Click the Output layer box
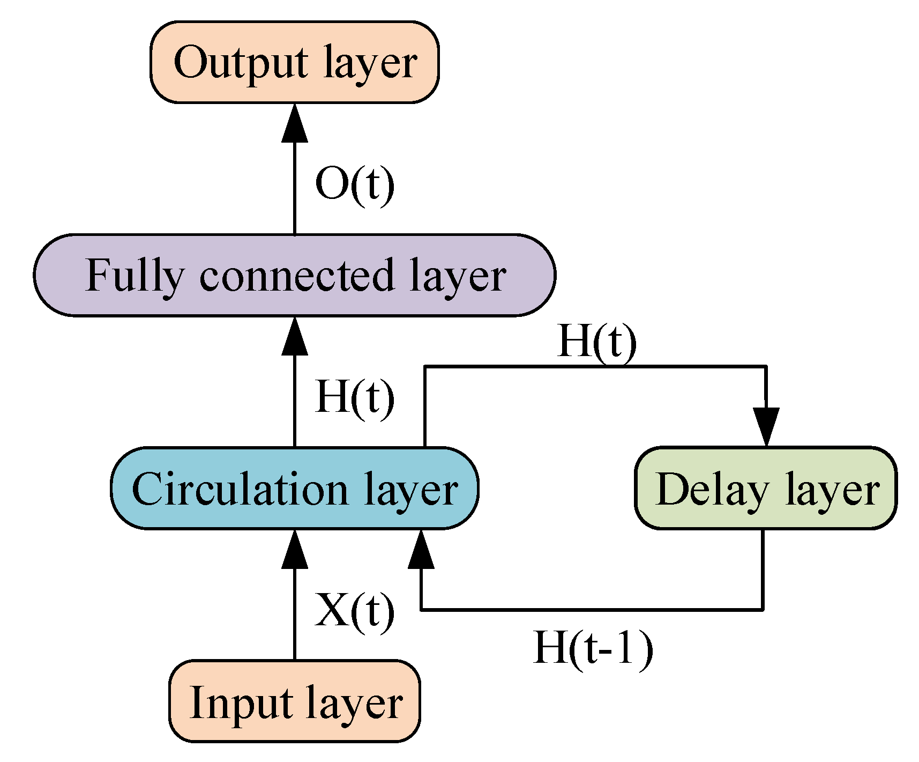[x=294, y=62]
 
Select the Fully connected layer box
[x=294, y=275]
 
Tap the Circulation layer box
[x=294, y=488]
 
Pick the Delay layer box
[x=766, y=488]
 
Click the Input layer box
[x=294, y=701]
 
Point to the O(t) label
[x=355, y=184]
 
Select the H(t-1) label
[x=593, y=648]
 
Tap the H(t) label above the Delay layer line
[x=597, y=342]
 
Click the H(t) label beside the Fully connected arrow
[x=355, y=397]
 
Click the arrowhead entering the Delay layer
[x=766, y=427]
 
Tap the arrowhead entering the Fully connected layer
[x=294, y=336]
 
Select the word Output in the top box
[x=241, y=63]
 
